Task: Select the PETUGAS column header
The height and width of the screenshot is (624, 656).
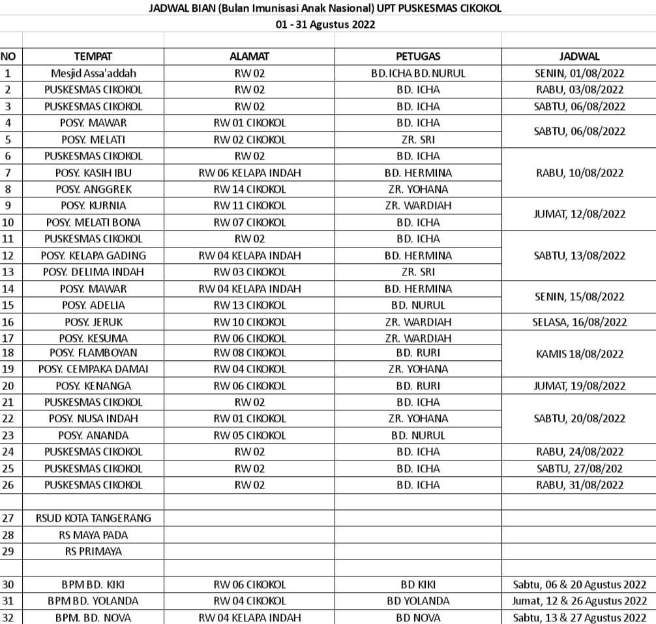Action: pyautogui.click(x=418, y=57)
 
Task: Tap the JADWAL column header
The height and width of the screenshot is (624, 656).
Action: pyautogui.click(x=579, y=57)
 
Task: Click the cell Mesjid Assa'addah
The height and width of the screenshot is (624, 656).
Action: pyautogui.click(x=93, y=73)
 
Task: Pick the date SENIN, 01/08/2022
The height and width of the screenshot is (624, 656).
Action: pyautogui.click(x=579, y=73)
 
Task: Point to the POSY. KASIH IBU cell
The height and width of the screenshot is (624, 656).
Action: pyautogui.click(x=93, y=173)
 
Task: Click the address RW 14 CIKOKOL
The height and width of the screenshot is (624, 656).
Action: pyautogui.click(x=250, y=189)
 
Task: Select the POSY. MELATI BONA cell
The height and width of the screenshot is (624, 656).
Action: pyautogui.click(x=93, y=222)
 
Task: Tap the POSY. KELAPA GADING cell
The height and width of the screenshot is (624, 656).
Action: pyautogui.click(x=93, y=255)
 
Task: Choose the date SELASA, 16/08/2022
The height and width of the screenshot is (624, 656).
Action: pyautogui.click(x=579, y=322)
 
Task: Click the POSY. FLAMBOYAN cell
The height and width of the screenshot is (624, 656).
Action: pyautogui.click(x=93, y=352)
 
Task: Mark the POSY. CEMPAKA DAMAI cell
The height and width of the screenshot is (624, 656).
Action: pyautogui.click(x=93, y=369)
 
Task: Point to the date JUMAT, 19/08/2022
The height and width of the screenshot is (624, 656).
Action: pyautogui.click(x=579, y=386)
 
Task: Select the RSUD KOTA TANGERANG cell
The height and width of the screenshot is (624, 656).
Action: pyautogui.click(x=93, y=518)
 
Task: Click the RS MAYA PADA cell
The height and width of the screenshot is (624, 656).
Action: pyautogui.click(x=93, y=535)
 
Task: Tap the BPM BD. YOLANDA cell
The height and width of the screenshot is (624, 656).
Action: pyautogui.click(x=93, y=601)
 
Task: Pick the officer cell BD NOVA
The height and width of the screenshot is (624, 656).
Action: pyautogui.click(x=418, y=617)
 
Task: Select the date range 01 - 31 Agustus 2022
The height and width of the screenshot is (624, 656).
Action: pyautogui.click(x=325, y=25)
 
